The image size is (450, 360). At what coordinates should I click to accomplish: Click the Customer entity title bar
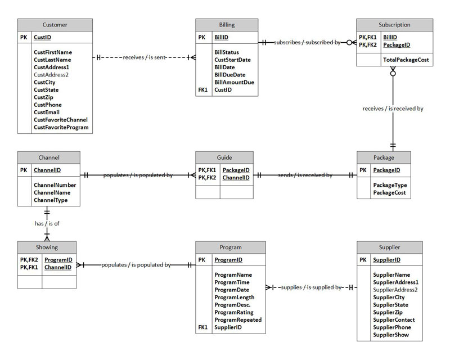point(55,25)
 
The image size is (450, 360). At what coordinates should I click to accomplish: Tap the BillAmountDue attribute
point(234,82)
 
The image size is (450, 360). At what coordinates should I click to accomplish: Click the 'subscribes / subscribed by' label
point(307,42)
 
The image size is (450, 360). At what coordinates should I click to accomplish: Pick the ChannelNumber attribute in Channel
point(55,184)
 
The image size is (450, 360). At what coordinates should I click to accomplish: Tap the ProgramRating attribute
point(233,312)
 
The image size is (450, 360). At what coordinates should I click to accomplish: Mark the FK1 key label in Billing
point(203,89)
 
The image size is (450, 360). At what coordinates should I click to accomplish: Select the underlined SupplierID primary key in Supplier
point(386,260)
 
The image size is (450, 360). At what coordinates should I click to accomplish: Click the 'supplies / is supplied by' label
point(310,287)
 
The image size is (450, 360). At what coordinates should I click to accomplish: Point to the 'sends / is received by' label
point(305,175)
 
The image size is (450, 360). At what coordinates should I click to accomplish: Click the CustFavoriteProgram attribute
point(61,128)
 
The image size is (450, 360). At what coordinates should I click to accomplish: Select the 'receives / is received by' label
point(393,109)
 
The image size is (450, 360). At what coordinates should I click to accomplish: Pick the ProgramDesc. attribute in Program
point(231,304)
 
